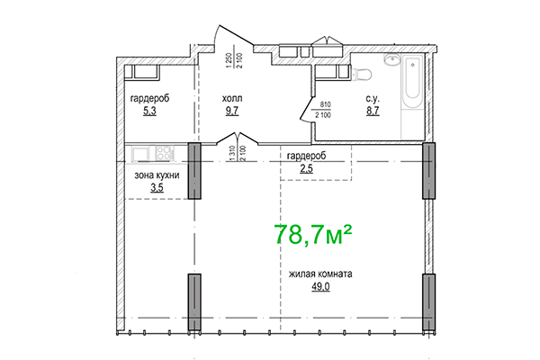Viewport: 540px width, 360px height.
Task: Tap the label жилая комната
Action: pyautogui.click(x=319, y=275)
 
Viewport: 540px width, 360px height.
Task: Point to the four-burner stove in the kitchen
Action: pyautogui.click(x=166, y=152)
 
